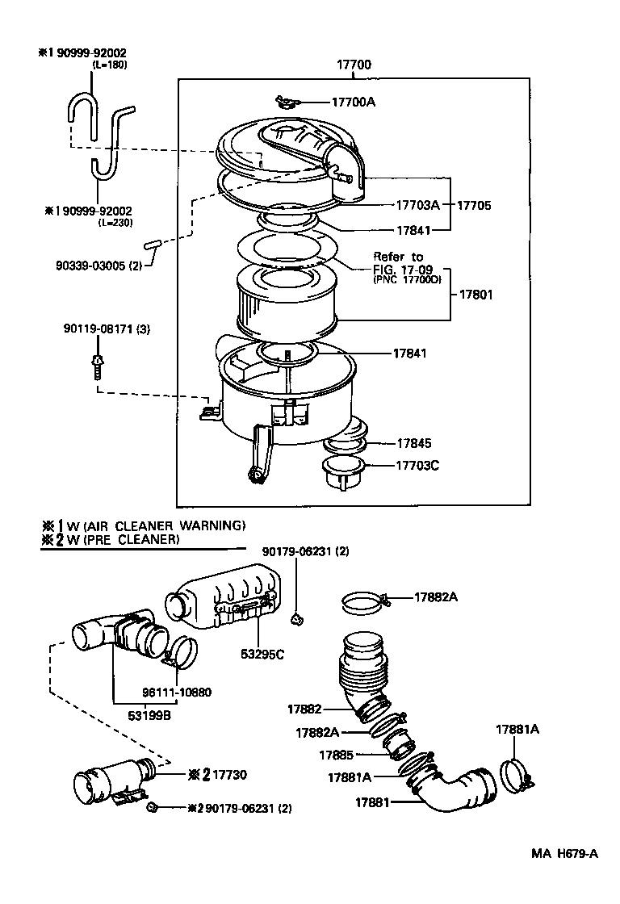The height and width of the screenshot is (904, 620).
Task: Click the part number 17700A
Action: click(x=354, y=103)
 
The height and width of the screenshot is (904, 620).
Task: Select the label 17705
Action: click(x=474, y=205)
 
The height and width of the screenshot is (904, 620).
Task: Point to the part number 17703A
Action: click(x=417, y=205)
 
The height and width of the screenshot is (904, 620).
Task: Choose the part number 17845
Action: click(x=413, y=443)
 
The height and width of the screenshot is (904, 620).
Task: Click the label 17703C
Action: click(x=417, y=466)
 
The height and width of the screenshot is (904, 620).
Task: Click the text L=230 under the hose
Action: click(x=115, y=222)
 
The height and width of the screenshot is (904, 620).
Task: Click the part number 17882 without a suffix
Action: click(x=304, y=709)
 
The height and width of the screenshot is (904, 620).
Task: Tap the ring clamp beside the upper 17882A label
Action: click(x=364, y=601)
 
